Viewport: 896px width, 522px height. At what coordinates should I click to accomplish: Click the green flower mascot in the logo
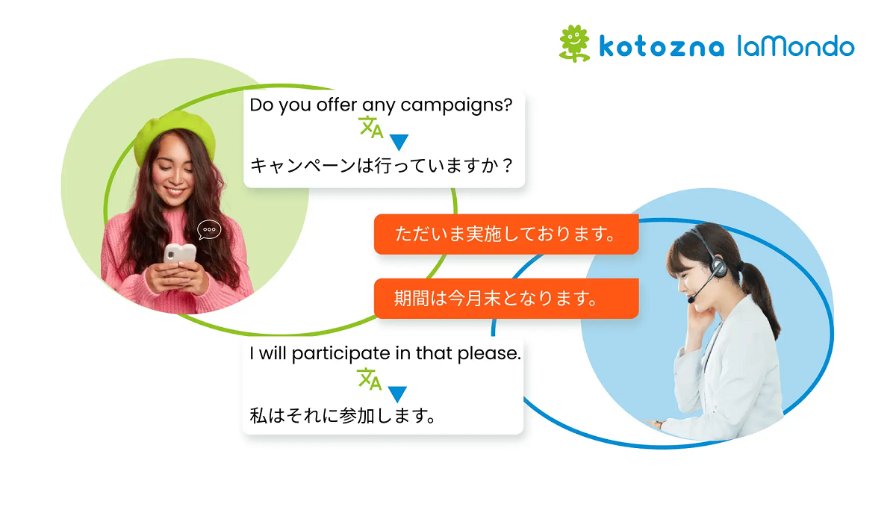point(574,43)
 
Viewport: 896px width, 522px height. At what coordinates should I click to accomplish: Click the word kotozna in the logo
point(662,47)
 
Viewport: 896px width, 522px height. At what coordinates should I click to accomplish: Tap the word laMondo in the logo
point(796,46)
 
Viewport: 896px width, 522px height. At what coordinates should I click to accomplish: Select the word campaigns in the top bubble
point(456,106)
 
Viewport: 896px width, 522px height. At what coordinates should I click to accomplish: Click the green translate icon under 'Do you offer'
point(371,127)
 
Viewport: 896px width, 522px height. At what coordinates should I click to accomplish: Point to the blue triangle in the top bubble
point(399,142)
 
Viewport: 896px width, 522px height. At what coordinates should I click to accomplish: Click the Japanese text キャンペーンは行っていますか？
point(382,166)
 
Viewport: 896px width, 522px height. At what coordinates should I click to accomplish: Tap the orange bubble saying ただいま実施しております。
point(506,234)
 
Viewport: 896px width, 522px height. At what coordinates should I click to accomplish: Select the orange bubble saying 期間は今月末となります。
point(506,299)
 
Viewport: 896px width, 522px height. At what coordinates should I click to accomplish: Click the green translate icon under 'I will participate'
point(369,379)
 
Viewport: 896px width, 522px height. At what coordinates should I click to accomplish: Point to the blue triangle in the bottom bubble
point(397,394)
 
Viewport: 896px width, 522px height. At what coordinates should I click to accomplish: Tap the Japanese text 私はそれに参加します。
point(343,416)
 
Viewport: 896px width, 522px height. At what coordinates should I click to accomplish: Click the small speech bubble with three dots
point(209,229)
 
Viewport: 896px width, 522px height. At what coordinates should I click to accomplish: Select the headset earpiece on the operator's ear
point(719,267)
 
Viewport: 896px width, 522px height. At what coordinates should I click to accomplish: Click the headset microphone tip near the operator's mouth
point(691,299)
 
